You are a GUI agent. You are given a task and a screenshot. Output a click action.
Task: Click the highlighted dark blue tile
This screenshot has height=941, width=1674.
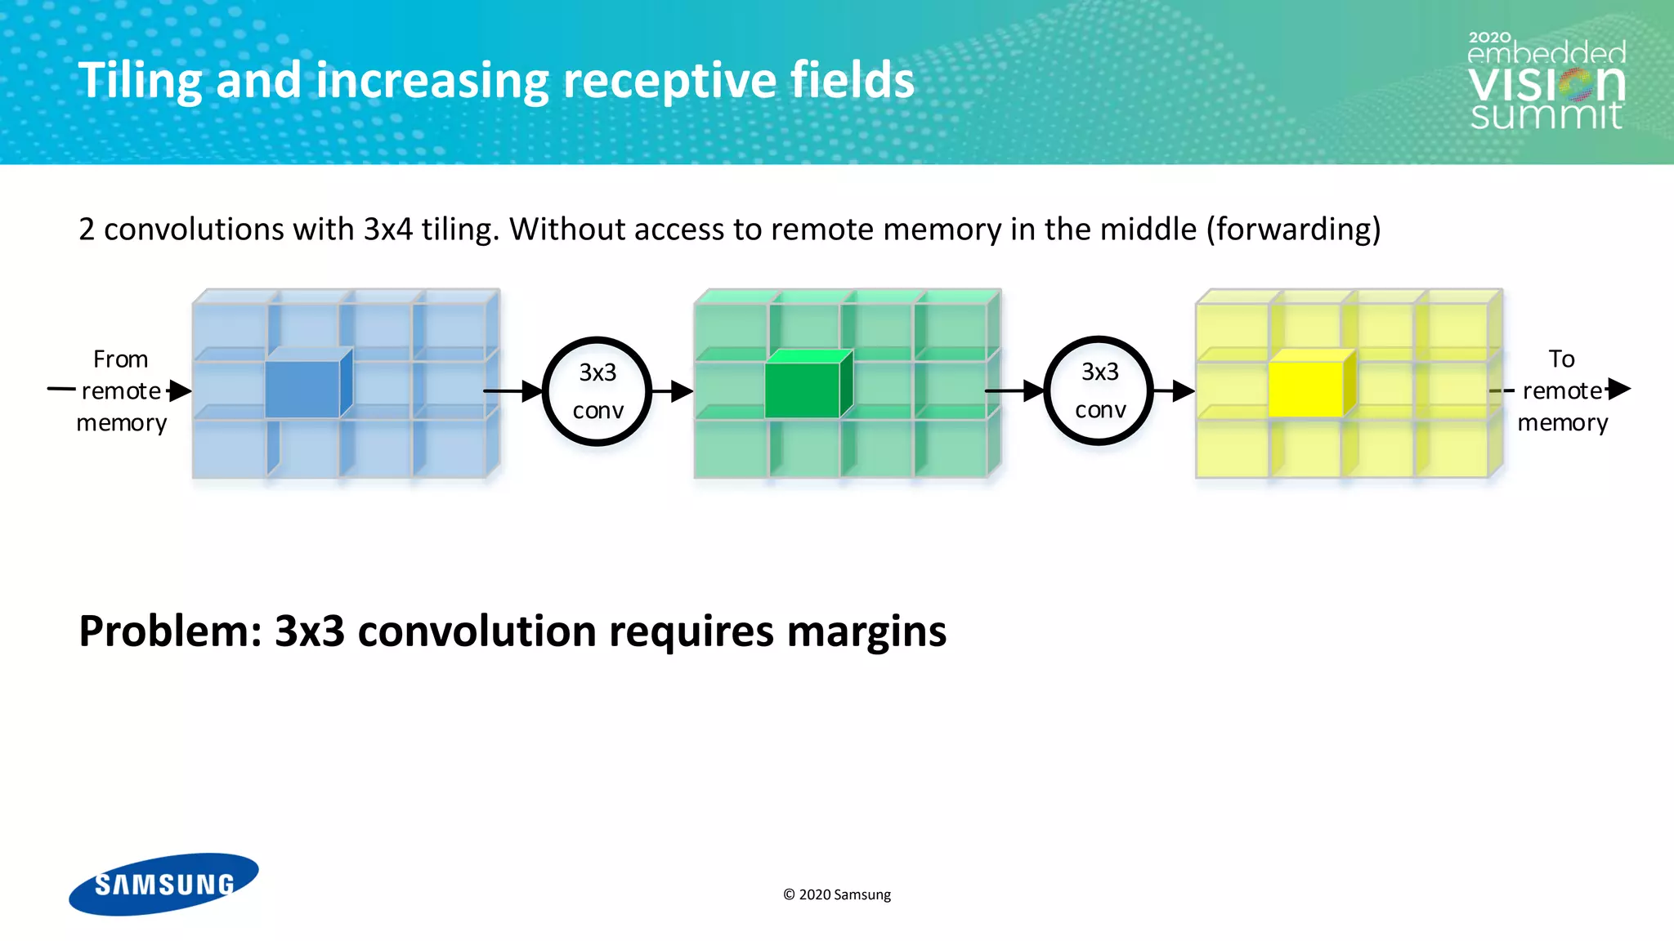[x=302, y=389]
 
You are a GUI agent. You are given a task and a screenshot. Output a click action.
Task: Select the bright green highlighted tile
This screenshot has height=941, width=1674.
[x=803, y=390]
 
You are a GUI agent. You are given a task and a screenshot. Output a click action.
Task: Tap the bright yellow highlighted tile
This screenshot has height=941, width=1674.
[x=1306, y=390]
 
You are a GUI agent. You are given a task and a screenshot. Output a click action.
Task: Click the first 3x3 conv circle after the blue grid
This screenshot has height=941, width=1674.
[x=598, y=391]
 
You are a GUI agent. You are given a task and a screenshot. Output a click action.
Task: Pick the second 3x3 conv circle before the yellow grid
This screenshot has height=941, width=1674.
[x=1099, y=390]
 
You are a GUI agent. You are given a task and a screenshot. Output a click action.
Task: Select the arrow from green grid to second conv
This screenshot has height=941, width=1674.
[x=1014, y=391]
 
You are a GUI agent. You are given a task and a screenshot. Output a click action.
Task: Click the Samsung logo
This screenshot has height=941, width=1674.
[x=163, y=884]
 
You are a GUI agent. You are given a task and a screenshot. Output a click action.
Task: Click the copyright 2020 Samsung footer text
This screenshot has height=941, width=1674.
[x=837, y=894]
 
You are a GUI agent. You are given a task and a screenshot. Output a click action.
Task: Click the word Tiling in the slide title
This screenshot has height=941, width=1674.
[x=140, y=81]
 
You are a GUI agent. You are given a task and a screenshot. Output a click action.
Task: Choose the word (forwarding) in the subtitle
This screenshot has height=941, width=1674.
[x=1294, y=230]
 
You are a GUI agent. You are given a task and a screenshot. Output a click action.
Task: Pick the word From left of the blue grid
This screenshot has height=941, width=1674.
[x=121, y=359]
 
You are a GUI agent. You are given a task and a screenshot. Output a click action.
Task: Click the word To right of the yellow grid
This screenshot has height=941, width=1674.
[x=1561, y=359]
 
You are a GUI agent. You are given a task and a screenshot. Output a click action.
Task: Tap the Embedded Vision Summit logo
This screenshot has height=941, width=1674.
[x=1546, y=82]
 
